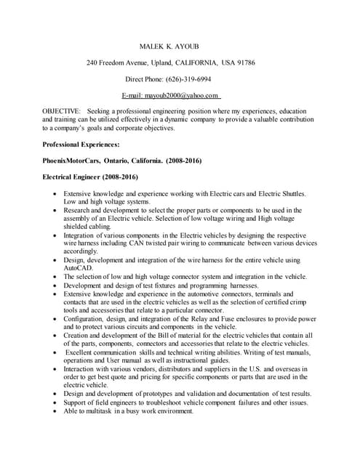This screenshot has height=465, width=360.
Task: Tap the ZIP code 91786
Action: [245, 63]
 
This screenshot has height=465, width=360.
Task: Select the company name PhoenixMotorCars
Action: [72, 161]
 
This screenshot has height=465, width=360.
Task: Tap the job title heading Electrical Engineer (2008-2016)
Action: [91, 177]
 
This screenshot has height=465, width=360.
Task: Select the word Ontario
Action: [119, 161]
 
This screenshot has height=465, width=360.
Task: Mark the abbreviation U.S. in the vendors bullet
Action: [259, 369]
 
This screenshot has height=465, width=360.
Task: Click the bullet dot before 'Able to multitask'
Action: [55, 412]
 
